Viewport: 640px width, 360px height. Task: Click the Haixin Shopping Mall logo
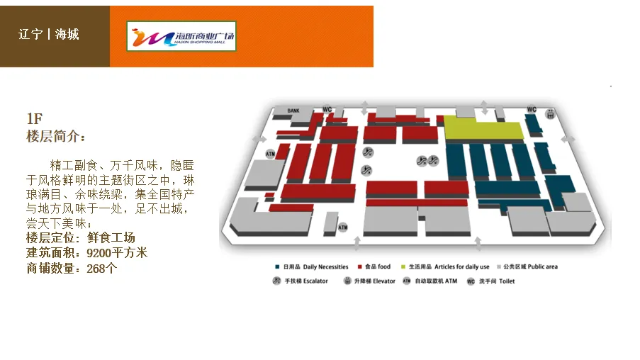(181, 36)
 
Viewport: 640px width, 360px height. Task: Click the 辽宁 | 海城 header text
(49, 34)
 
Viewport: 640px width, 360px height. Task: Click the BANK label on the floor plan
(294, 111)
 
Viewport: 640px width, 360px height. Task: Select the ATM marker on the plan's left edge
(270, 153)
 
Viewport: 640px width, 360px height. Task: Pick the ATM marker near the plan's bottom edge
(343, 227)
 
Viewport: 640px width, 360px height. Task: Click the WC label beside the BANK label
(327, 109)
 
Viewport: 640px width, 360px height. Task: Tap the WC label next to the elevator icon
(532, 109)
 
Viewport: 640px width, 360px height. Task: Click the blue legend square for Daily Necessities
(276, 267)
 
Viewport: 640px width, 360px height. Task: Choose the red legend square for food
(360, 267)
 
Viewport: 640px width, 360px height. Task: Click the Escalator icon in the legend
(277, 281)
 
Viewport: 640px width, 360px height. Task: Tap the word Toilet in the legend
(507, 281)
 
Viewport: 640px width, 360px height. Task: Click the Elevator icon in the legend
(347, 281)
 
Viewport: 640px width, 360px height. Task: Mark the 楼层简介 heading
(56, 136)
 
